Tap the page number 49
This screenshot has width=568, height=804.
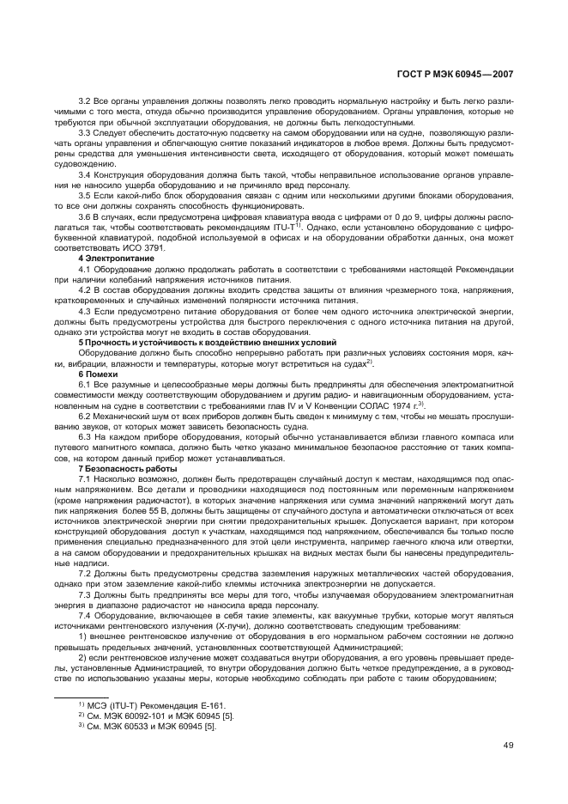507,745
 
